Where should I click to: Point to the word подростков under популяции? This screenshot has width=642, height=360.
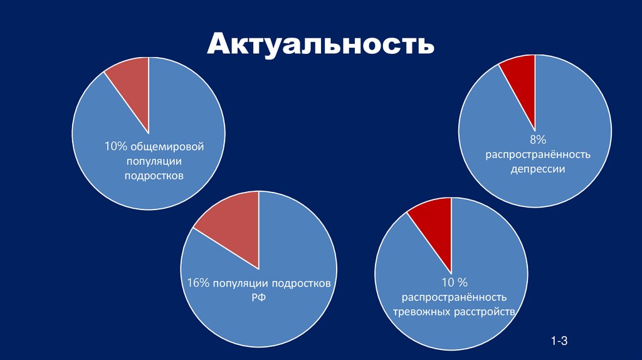coord(154,176)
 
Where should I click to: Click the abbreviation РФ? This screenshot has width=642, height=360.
coord(258,298)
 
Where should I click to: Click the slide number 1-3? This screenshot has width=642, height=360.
coord(559,341)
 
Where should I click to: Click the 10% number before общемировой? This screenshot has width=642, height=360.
coord(117,147)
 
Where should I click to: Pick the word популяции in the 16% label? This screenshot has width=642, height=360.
coord(239,283)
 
